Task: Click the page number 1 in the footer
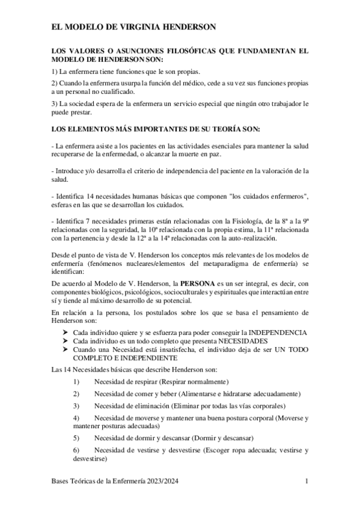point(307,482)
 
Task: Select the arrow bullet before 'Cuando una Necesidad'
point(66,349)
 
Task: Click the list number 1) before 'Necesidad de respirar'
point(76,382)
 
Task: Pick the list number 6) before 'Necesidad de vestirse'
point(76,450)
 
